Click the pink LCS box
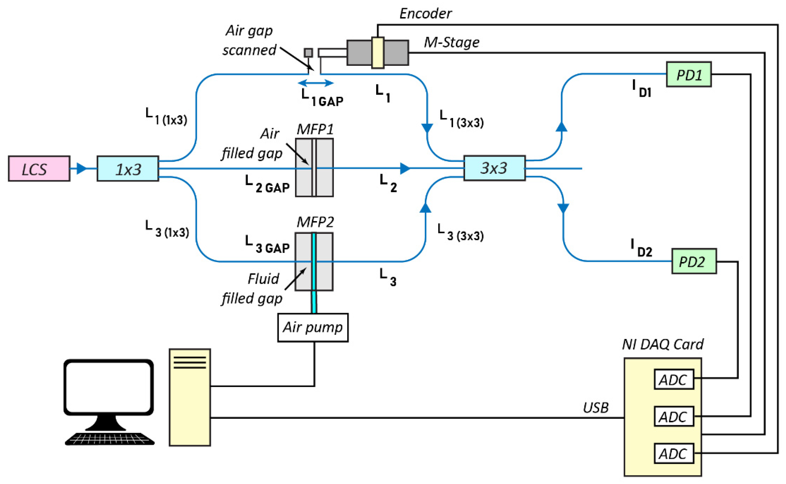[x=39, y=169]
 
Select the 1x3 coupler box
[x=128, y=169]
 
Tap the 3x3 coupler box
[x=494, y=168]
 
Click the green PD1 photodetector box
[x=688, y=74]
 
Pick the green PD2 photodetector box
[x=694, y=261]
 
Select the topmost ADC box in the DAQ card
[x=674, y=379]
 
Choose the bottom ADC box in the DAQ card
[x=674, y=453]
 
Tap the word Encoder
[x=425, y=13]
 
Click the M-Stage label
[x=451, y=42]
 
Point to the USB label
[x=595, y=408]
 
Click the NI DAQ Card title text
[x=663, y=344]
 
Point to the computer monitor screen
[x=108, y=387]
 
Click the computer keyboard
[x=110, y=438]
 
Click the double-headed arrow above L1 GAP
[x=316, y=83]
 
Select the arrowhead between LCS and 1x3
[x=82, y=168]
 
